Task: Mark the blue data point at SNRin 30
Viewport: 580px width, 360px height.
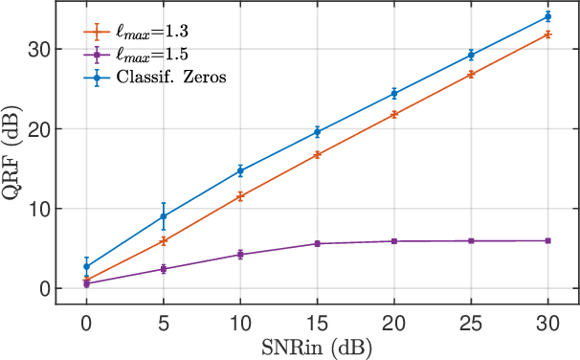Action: pos(547,16)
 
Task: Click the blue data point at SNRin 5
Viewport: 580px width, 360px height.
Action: pos(164,216)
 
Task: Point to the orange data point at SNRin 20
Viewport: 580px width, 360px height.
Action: pos(394,114)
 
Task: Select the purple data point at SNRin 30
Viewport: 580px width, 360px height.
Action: pos(547,240)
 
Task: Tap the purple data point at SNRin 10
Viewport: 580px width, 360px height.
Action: pos(240,255)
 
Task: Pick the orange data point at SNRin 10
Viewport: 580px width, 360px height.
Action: pos(240,196)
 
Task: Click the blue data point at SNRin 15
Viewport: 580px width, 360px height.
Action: pos(317,132)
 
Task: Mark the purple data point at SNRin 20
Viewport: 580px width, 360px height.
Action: pos(394,241)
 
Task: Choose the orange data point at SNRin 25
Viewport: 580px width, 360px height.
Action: pos(471,74)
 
